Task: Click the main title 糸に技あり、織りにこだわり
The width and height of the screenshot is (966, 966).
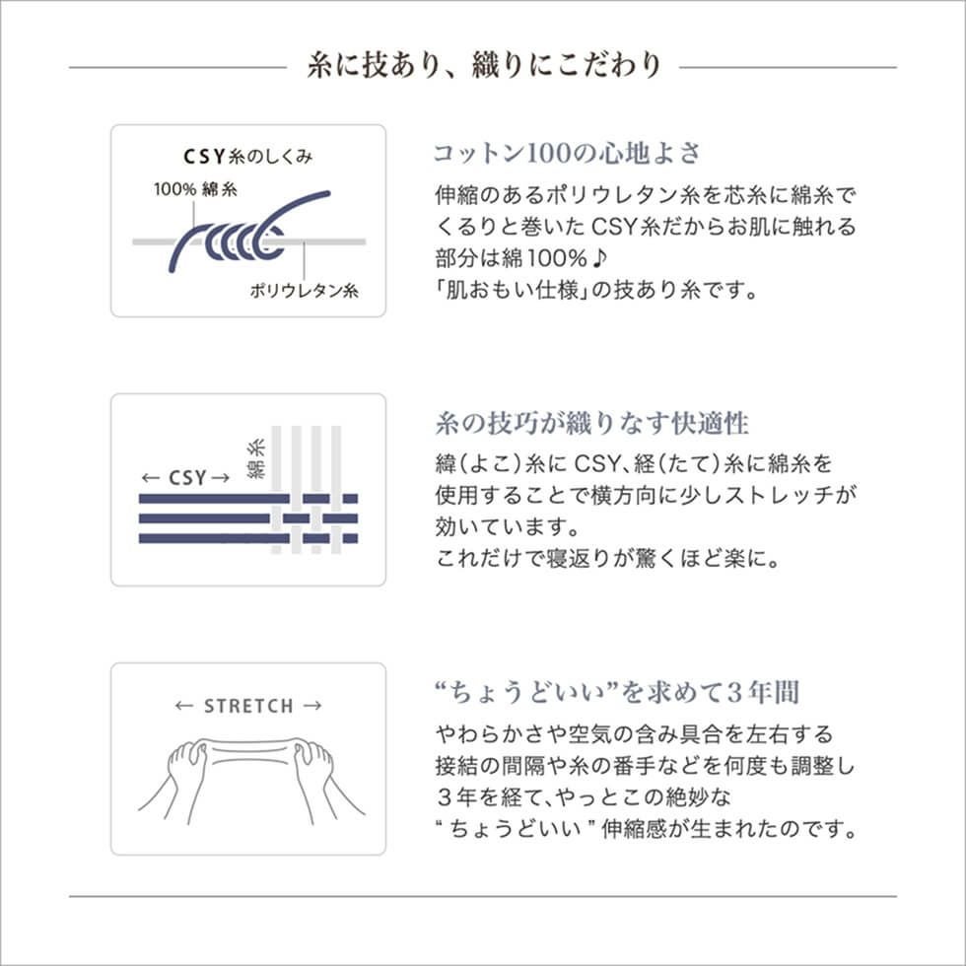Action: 483,66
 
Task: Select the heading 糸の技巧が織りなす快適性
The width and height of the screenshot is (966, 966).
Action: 591,424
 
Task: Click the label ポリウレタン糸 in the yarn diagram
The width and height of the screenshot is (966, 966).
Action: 304,291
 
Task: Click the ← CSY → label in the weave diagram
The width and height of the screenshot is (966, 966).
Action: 184,478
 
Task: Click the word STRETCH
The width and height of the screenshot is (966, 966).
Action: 248,706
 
